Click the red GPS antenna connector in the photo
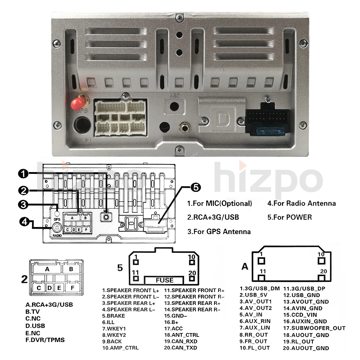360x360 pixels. pyautogui.click(x=80, y=104)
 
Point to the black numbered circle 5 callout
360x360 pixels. pyautogui.click(x=195, y=187)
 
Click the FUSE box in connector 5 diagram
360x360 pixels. pyautogui.click(x=165, y=280)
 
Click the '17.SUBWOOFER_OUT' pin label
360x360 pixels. pyautogui.click(x=314, y=328)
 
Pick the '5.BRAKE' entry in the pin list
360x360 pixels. pyautogui.click(x=114, y=316)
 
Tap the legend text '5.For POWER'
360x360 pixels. pyautogui.click(x=289, y=217)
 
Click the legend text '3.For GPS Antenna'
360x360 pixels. pyautogui.click(x=219, y=231)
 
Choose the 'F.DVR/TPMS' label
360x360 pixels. pyautogui.click(x=45, y=339)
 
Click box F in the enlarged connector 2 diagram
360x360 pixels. pyautogui.click(x=72, y=288)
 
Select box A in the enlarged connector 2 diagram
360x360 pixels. pyautogui.click(x=47, y=269)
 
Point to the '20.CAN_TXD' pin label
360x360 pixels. pyautogui.click(x=180, y=348)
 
